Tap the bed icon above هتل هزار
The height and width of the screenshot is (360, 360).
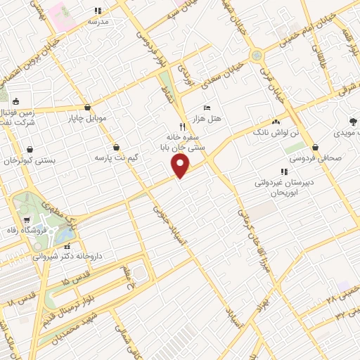click(x=206, y=108)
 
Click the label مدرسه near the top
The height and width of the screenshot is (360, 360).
click(x=98, y=21)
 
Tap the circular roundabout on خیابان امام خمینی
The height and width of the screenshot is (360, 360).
click(x=257, y=54)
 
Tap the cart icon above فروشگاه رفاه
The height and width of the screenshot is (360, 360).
click(x=27, y=220)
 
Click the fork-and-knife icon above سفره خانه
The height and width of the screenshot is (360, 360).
click(x=182, y=128)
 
